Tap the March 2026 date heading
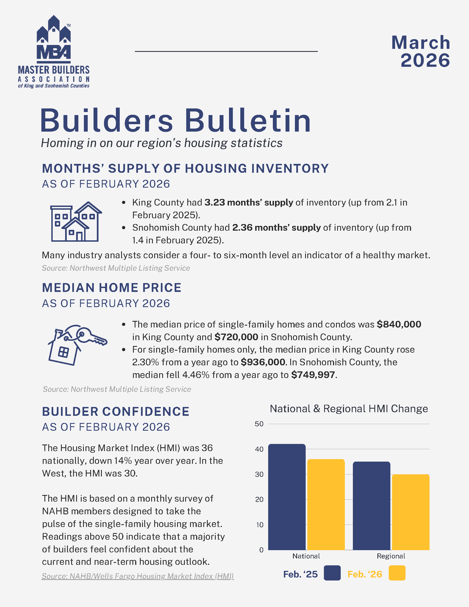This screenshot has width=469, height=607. pos(421,51)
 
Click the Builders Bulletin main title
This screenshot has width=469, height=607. pos(175,121)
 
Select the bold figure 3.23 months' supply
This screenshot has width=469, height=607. pos(249,203)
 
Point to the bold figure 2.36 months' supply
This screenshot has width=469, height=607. pos(276,228)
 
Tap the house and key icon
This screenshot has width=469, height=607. pos(77,345)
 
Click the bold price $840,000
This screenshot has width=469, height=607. pos(399,324)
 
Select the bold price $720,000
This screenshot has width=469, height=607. pos(236,337)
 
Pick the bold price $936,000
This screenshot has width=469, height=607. pos(263,362)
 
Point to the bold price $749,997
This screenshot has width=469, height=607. pos(313,375)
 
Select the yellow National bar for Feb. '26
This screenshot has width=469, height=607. pos(326,504)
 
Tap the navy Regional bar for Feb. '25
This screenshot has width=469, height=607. pos(372,505)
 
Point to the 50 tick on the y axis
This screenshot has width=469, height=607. pos(259,424)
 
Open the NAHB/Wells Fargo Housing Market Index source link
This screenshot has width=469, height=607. pos(138,576)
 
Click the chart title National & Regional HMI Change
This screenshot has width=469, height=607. pos(349,409)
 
